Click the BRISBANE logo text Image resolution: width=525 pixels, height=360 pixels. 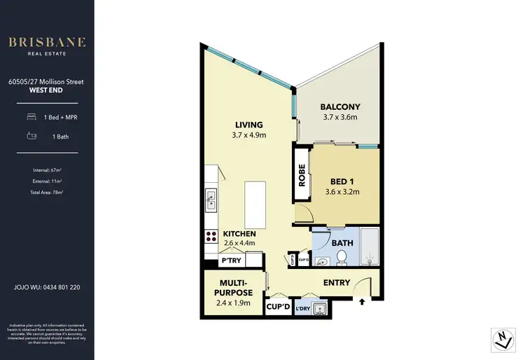47,42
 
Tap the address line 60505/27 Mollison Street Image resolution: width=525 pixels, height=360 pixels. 46,81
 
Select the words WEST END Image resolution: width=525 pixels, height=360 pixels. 46,90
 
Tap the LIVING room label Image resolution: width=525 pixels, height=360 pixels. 248,125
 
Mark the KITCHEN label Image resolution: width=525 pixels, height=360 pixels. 239,233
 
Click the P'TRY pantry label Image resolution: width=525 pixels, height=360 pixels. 231,261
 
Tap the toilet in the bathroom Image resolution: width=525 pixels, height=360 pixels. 342,260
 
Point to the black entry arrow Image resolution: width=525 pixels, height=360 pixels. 362,303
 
